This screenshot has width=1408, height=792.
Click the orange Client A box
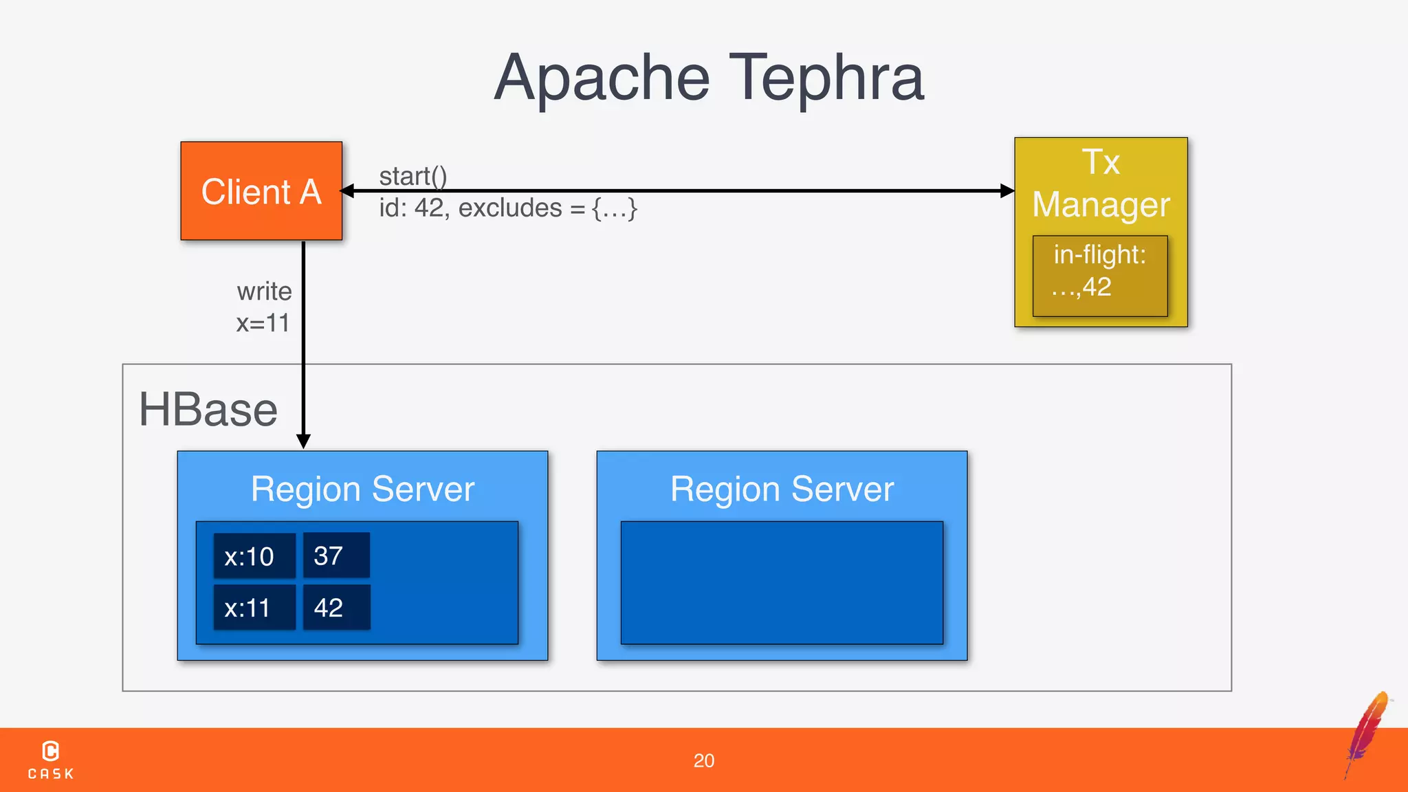(261, 191)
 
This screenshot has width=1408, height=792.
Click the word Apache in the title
(602, 78)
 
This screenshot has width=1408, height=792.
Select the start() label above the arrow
(413, 176)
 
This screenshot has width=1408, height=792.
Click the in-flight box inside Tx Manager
(1099, 275)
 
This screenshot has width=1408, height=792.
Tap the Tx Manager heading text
(1101, 184)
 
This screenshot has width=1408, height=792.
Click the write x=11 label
(264, 307)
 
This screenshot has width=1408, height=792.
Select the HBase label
(208, 410)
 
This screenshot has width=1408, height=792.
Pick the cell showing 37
(335, 555)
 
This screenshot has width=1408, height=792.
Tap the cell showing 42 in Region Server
(335, 607)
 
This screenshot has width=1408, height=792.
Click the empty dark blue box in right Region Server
(782, 582)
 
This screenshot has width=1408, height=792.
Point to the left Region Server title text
(362, 489)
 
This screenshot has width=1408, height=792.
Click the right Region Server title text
(782, 489)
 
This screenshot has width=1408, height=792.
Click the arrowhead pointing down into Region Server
(303, 441)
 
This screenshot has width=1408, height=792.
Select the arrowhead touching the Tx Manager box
(1006, 191)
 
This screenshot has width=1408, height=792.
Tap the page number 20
(703, 760)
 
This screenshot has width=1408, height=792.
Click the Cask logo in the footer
(51, 760)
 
